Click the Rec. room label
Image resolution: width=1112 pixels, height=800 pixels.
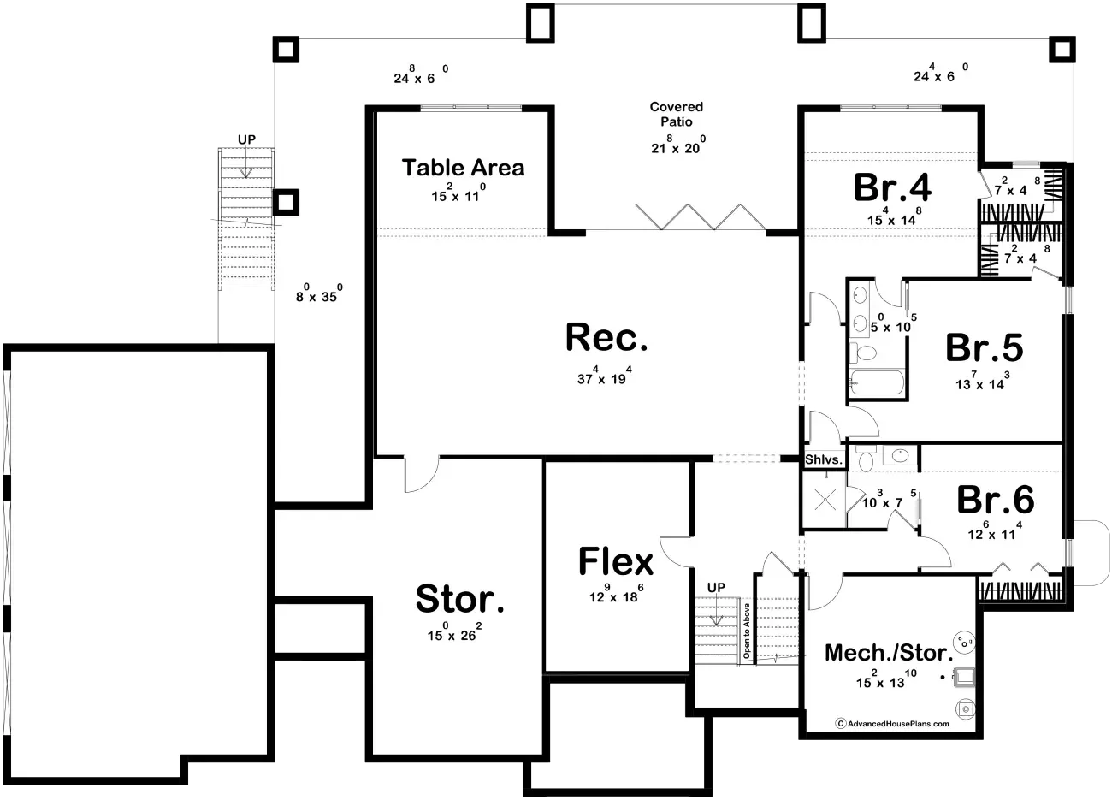[x=606, y=339]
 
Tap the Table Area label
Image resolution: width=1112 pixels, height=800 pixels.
[x=463, y=168]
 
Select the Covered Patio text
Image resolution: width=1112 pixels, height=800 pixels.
[x=676, y=114]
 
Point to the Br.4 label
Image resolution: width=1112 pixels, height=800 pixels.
[x=892, y=188]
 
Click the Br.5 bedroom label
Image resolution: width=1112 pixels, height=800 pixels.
[x=984, y=348]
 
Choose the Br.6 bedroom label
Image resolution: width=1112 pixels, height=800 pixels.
[x=995, y=500]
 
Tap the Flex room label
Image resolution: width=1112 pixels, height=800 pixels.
[x=616, y=562]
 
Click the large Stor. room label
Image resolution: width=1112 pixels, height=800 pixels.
[x=459, y=600]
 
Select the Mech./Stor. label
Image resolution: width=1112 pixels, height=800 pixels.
[x=889, y=654]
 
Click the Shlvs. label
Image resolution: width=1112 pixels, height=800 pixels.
[x=824, y=460]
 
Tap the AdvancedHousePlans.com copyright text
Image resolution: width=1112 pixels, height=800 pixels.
[x=892, y=723]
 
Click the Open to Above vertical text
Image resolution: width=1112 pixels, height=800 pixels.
[x=746, y=630]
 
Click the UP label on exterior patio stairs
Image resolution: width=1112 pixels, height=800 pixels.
[x=246, y=139]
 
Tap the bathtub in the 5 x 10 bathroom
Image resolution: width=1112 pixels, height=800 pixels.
[x=876, y=382]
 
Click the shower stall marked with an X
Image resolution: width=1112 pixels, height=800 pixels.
[x=825, y=500]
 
